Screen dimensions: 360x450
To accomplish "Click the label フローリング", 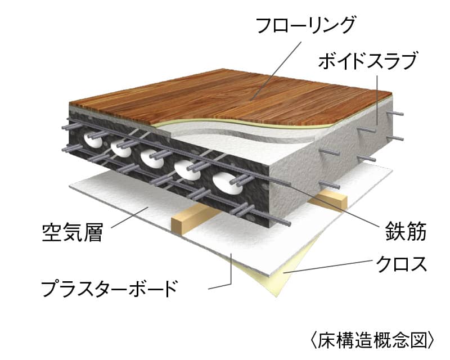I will click(306, 25).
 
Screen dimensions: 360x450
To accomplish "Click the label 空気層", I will click(73, 231).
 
